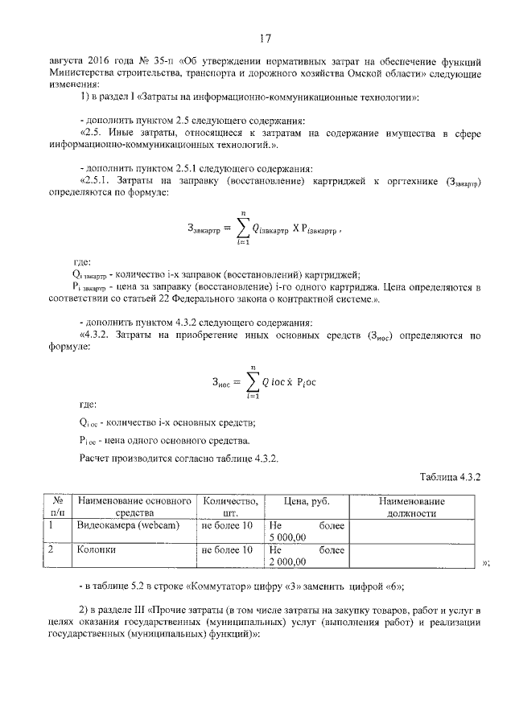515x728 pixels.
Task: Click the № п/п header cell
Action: click(x=57, y=507)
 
